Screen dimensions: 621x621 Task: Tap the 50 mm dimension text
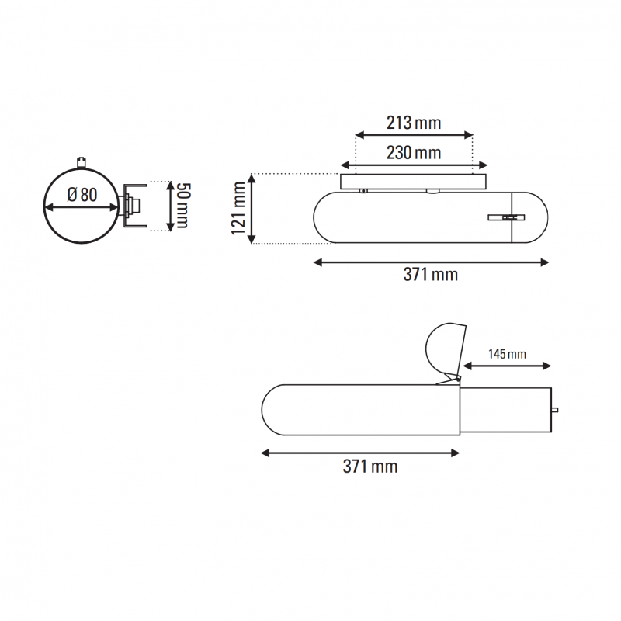[x=182, y=206]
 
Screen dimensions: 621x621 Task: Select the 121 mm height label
[x=238, y=208]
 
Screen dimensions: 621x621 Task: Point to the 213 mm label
[x=413, y=123]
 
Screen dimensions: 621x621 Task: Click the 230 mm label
[x=413, y=153]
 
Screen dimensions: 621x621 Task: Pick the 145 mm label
[x=507, y=354]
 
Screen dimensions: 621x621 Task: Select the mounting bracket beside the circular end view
[x=133, y=206]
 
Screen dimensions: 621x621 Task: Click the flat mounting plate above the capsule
[x=413, y=181]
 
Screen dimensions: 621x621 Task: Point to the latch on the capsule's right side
[x=505, y=218]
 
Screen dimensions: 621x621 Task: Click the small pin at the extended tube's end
[x=555, y=409]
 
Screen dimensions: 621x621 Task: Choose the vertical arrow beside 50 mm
[x=169, y=206]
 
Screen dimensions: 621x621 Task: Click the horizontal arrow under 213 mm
[x=413, y=135]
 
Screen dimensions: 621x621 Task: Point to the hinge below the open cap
[x=448, y=380]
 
